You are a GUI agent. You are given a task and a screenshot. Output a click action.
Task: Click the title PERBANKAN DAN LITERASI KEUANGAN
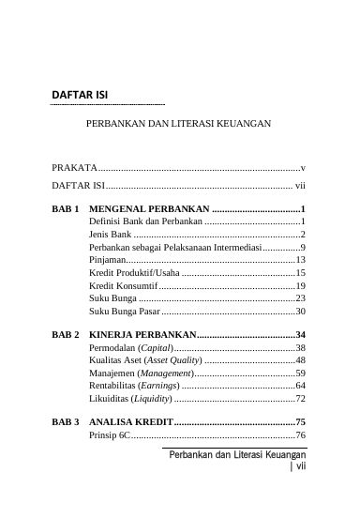pos(178,123)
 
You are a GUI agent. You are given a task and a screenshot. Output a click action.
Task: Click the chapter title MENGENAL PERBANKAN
pos(150,208)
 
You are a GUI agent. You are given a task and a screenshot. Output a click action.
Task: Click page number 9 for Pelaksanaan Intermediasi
pos(303,246)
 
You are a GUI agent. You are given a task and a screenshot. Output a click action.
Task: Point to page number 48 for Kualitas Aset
pos(300,360)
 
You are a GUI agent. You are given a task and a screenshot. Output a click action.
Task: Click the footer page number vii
pos(302,474)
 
